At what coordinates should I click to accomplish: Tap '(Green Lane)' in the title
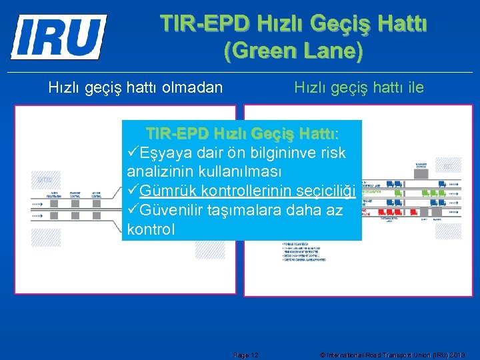click(x=293, y=51)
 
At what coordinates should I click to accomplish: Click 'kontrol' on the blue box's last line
click(x=151, y=230)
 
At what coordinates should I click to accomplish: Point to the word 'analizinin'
click(x=158, y=172)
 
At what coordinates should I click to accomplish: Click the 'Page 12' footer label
click(x=247, y=355)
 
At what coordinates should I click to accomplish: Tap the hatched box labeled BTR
click(x=45, y=179)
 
